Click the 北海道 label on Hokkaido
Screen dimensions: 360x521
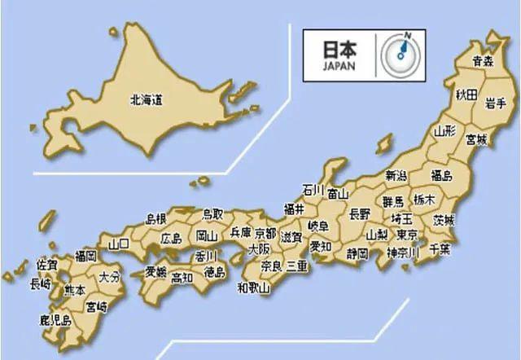pos(147,101)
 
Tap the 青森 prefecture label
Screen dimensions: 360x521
pos(484,60)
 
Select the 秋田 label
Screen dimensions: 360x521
pos(466,95)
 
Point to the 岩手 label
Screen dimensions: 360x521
pos(497,103)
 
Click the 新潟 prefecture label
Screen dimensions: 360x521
pos(396,175)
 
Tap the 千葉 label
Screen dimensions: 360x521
pos(440,248)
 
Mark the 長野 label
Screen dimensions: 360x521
pos(359,214)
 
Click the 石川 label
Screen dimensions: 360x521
pos(313,189)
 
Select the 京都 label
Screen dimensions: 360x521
pos(265,233)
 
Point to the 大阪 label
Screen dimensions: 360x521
pos(259,249)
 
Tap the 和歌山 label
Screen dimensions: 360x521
pos(253,287)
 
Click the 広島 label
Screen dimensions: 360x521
pos(171,239)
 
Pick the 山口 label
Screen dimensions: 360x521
pos(119,243)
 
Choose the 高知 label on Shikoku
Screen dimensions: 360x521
pos(182,277)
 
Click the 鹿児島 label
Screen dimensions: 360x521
pos(55,321)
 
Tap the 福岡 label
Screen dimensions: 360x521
pos(85,256)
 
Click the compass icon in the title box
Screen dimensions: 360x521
pos(401,55)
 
